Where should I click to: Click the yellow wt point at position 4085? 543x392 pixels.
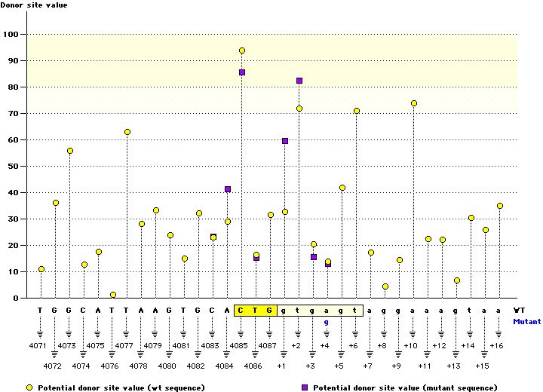[242, 51]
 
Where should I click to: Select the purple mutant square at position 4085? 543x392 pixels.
[242, 72]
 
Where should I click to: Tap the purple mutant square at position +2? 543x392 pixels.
[299, 81]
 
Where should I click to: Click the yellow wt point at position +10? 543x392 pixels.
[414, 103]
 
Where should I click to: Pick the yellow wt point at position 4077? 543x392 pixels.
[127, 132]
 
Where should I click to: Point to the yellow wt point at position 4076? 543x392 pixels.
[113, 295]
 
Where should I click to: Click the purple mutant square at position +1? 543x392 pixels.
[285, 141]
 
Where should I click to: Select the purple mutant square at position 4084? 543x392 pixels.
[228, 189]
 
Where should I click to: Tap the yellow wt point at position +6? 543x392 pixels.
[357, 111]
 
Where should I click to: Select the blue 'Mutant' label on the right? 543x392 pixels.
[526, 321]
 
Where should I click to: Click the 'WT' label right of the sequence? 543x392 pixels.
[520, 310]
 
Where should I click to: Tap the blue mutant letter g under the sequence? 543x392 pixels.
[327, 322]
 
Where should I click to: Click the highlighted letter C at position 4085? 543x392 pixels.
[242, 310]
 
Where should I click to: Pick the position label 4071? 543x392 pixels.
[40, 345]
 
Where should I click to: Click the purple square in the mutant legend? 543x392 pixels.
[305, 387]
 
